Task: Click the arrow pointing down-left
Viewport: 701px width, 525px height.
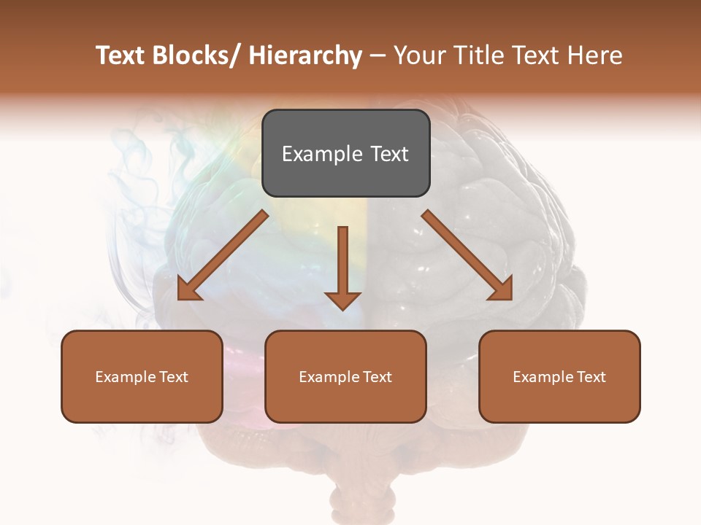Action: tap(223, 255)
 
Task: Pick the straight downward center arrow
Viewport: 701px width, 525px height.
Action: tap(342, 266)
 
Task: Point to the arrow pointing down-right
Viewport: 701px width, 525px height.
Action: tap(467, 255)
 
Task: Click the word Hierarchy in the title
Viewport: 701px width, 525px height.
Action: tap(304, 55)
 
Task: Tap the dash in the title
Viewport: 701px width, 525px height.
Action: tap(378, 56)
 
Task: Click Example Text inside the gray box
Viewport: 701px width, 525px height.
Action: tap(345, 154)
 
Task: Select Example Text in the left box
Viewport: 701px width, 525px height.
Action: tap(142, 377)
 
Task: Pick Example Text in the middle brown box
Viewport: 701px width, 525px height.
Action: tap(345, 377)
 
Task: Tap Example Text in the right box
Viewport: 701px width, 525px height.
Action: tap(559, 377)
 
